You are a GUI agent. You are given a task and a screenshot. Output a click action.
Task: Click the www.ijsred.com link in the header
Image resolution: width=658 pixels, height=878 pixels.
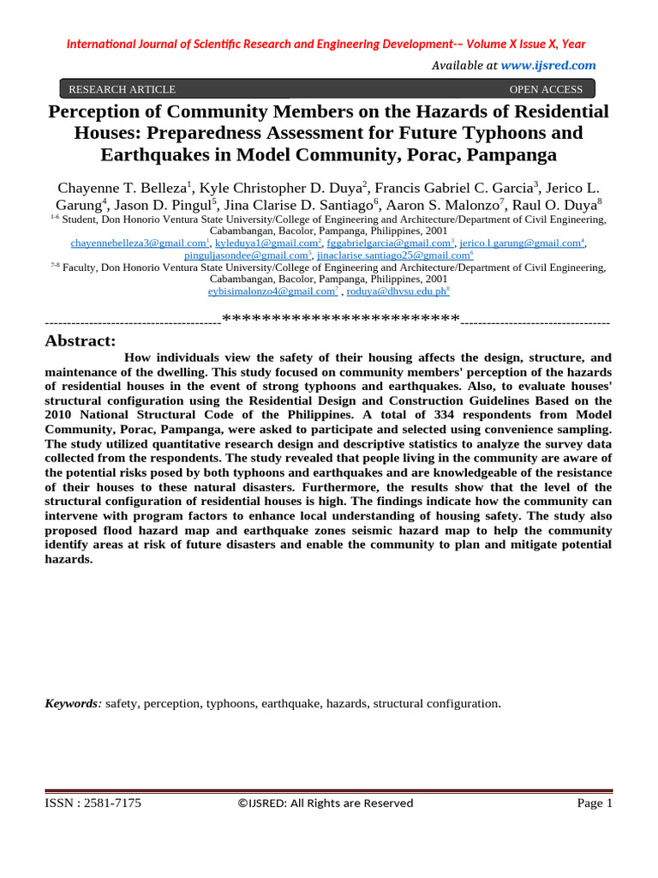tap(548, 65)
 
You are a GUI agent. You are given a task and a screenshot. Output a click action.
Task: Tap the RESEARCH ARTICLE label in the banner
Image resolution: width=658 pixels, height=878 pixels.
tap(122, 89)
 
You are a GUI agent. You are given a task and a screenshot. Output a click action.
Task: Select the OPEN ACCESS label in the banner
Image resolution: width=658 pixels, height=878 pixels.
tap(546, 89)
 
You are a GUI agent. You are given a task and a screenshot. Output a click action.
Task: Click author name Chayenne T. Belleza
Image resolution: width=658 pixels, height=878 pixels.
tap(122, 187)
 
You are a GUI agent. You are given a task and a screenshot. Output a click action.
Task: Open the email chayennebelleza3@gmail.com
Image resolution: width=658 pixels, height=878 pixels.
tap(137, 244)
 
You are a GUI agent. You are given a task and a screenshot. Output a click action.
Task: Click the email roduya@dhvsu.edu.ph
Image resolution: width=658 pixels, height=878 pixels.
tap(395, 292)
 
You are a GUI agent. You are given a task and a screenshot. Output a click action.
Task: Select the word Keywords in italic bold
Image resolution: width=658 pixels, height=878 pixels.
tap(72, 703)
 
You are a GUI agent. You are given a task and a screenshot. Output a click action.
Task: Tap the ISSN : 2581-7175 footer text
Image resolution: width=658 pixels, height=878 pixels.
tap(93, 803)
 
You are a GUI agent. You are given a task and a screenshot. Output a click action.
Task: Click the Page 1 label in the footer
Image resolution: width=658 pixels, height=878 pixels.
tap(595, 803)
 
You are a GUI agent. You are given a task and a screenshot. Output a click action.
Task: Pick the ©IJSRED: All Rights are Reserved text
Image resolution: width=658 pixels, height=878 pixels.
tap(325, 803)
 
